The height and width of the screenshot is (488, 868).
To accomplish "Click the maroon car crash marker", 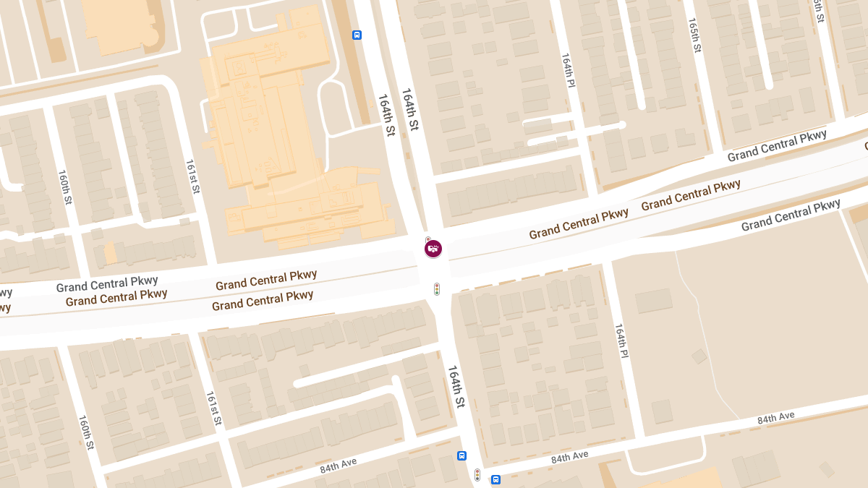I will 433,249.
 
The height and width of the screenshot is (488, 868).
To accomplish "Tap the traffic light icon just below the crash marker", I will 436,289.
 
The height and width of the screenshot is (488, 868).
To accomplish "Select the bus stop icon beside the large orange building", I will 357,35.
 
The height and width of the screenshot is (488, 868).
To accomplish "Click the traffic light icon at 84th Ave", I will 477,475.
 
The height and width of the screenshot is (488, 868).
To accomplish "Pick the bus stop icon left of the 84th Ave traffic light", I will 461,455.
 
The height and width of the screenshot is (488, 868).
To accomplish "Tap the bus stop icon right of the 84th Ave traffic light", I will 495,479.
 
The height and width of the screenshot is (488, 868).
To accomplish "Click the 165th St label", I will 694,35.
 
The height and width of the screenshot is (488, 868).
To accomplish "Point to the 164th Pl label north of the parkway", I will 568,71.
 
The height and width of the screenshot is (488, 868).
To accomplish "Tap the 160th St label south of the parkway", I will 85,432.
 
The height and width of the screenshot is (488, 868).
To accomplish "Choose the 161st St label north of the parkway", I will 192,176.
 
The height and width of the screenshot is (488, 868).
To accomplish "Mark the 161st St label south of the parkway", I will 213,408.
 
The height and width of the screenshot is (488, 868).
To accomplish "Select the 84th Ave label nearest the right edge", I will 775,418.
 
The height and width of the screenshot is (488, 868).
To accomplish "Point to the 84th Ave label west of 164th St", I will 339,466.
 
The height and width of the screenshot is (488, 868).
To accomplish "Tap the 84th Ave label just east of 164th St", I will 570,457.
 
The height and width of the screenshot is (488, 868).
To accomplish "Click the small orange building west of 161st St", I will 110,254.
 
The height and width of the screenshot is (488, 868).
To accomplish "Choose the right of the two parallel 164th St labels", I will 410,109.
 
